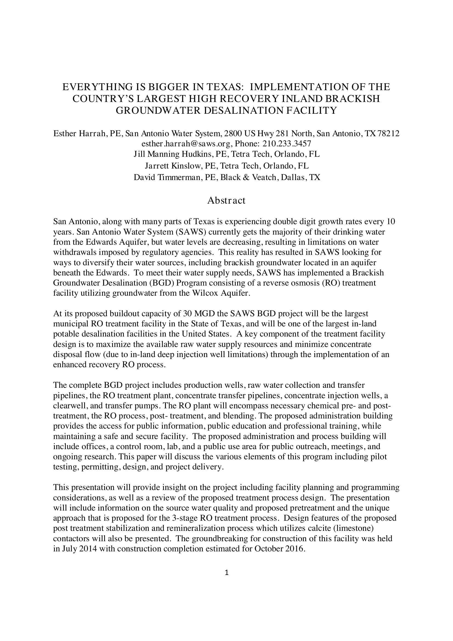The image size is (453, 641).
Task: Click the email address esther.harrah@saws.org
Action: (x=186, y=144)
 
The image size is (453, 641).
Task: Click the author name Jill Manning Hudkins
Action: (x=173, y=154)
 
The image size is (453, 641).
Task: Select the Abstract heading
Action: (x=226, y=200)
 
